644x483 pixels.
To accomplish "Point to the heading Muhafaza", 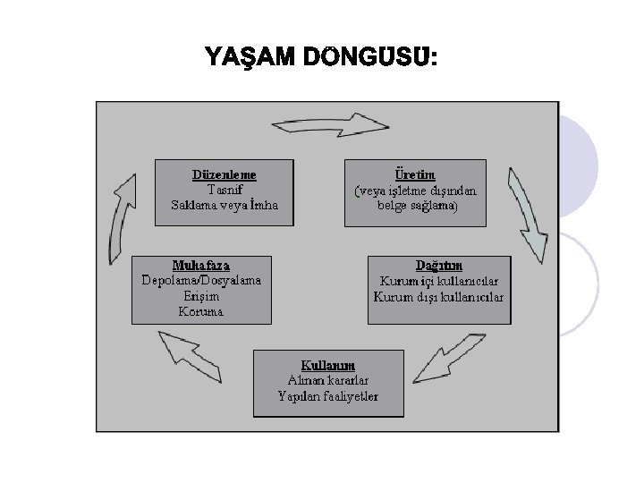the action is click(x=201, y=265).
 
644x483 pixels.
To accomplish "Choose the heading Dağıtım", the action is click(x=439, y=265).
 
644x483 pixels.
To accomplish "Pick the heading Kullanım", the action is click(x=328, y=365).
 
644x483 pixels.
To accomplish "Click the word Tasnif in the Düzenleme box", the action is click(x=225, y=188).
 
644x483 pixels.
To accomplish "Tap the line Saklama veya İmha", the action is click(x=225, y=204).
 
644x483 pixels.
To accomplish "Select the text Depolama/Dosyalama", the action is click(x=202, y=280).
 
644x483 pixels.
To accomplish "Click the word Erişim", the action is click(x=201, y=296).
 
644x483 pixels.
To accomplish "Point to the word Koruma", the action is click(x=201, y=312).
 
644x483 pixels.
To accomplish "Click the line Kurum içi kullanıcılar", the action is click(x=438, y=280).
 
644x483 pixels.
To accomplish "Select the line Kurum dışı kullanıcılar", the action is click(x=438, y=296).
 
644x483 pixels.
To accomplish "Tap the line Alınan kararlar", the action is click(x=328, y=380).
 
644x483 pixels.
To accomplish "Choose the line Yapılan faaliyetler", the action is click(x=328, y=396).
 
